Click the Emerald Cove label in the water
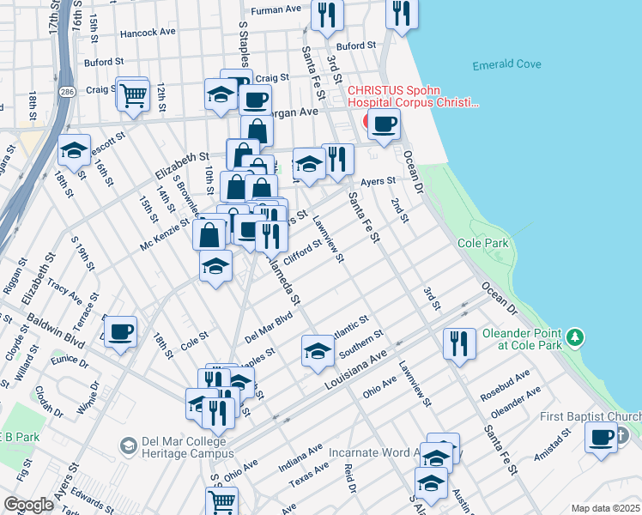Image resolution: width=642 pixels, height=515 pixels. (507, 66)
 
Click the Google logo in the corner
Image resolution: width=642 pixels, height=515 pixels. (28, 504)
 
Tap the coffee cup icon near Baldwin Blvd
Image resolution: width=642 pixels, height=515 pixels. (119, 330)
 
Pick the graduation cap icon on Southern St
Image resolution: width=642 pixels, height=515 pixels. (318, 350)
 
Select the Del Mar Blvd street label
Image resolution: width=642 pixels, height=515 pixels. (269, 326)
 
